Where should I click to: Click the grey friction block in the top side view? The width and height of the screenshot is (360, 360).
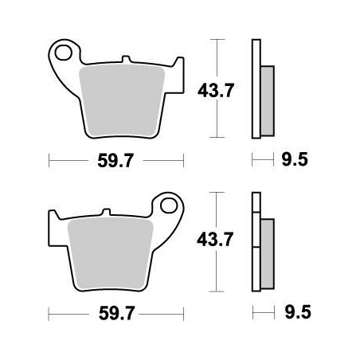pos(266,96)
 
